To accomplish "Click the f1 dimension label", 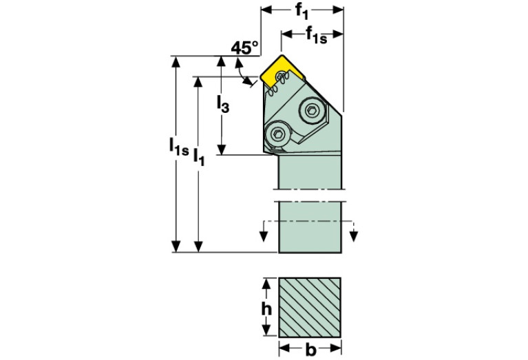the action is tap(302, 12).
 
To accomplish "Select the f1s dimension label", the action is tap(316, 35).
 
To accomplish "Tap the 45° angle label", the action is tap(244, 47).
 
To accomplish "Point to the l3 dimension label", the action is tap(222, 104).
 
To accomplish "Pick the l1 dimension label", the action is tap(199, 157).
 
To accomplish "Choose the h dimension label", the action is tap(266, 308).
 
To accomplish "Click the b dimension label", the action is tap(310, 350).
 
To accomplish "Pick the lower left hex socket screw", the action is tap(279, 135).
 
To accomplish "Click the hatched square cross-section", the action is tap(310, 308).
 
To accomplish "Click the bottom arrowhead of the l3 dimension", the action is tap(221, 149).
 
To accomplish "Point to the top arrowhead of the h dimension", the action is tap(266, 284).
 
